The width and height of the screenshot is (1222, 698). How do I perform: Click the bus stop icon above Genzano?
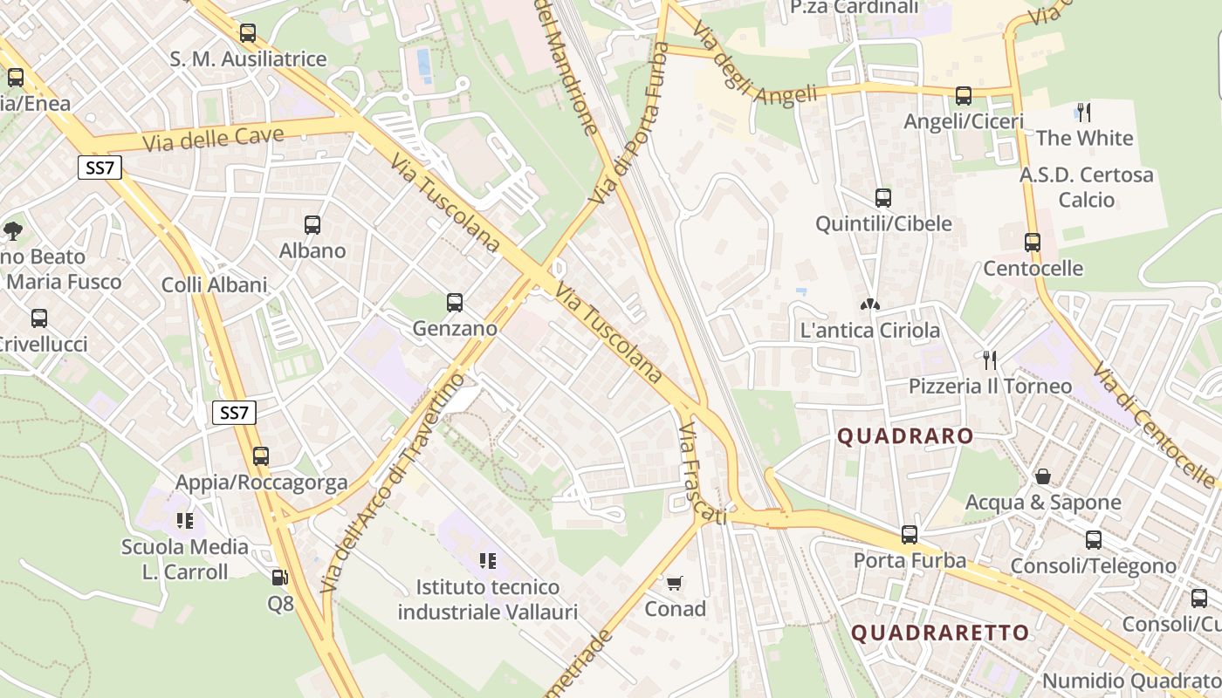(x=455, y=303)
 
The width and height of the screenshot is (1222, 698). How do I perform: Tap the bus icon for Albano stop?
(x=312, y=224)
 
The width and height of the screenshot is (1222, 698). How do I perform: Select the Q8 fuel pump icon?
(x=279, y=577)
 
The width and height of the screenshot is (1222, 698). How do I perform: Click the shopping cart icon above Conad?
(x=674, y=582)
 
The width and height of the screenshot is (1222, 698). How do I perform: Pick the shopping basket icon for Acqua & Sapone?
(x=1042, y=476)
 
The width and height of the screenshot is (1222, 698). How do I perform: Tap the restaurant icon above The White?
(x=1084, y=112)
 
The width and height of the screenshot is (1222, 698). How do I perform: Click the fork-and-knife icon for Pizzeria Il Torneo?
(x=990, y=359)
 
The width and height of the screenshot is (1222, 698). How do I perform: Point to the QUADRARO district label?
(x=905, y=436)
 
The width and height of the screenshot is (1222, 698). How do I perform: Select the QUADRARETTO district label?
(x=940, y=633)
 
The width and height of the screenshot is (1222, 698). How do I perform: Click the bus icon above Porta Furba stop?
(x=910, y=534)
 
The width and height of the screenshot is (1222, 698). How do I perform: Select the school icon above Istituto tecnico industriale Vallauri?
(x=488, y=560)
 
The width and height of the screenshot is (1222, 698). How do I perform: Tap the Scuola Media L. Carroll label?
(x=185, y=559)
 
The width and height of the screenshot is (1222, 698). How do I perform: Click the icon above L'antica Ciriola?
(x=869, y=304)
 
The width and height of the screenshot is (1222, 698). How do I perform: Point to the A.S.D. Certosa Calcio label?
(x=1086, y=187)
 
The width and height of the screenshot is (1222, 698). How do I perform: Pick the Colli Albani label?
(x=215, y=284)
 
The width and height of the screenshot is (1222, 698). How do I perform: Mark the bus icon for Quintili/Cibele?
(x=883, y=197)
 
